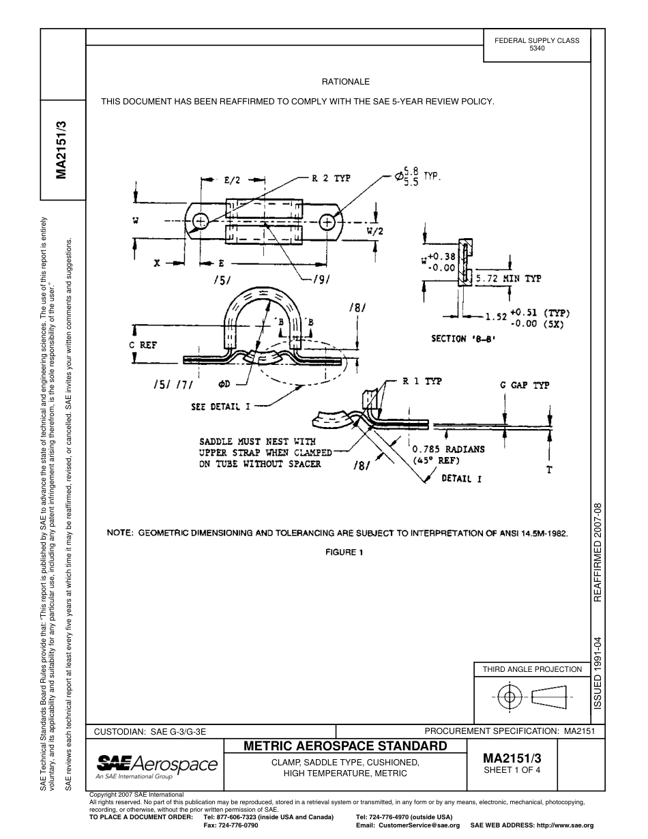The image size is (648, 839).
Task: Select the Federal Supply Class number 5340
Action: pos(537,48)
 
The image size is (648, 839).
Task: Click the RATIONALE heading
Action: pos(345,81)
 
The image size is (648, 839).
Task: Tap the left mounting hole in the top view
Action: pos(200,221)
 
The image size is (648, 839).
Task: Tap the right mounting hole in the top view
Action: pos(327,221)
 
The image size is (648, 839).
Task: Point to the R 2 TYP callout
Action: pos(331,179)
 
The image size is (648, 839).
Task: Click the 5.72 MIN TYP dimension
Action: pos(508,279)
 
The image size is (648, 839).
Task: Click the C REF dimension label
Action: pos(143,345)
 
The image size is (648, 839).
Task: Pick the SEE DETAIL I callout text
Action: pos(220,407)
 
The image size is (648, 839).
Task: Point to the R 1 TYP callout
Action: pos(422,381)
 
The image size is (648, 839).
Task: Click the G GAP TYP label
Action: pos(525,385)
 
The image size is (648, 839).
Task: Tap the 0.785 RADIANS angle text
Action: pos(449,449)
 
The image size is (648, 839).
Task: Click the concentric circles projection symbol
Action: pos(508,697)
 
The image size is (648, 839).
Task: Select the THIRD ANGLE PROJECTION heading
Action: pos(532,669)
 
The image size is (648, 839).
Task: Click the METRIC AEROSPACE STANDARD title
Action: pos(345,746)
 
